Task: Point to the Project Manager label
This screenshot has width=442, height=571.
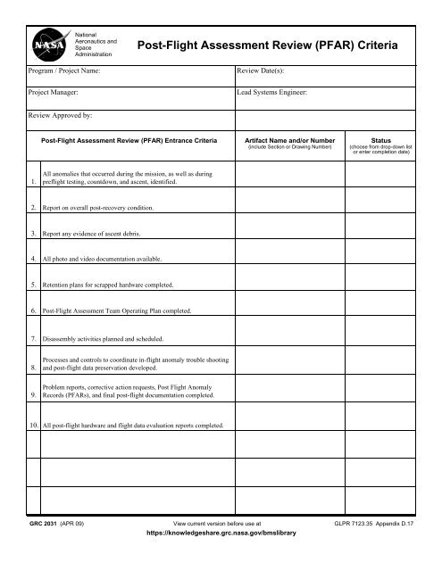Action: pos(59,92)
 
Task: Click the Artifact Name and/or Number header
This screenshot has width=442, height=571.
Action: pos(288,139)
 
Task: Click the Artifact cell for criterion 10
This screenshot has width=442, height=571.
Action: pos(288,426)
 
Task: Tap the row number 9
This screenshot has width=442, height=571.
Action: pos(33,396)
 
